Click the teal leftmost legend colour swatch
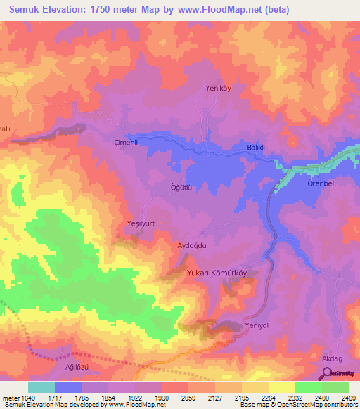pos(41,387)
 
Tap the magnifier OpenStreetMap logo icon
pos(328,374)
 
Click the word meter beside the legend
pos(11,398)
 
